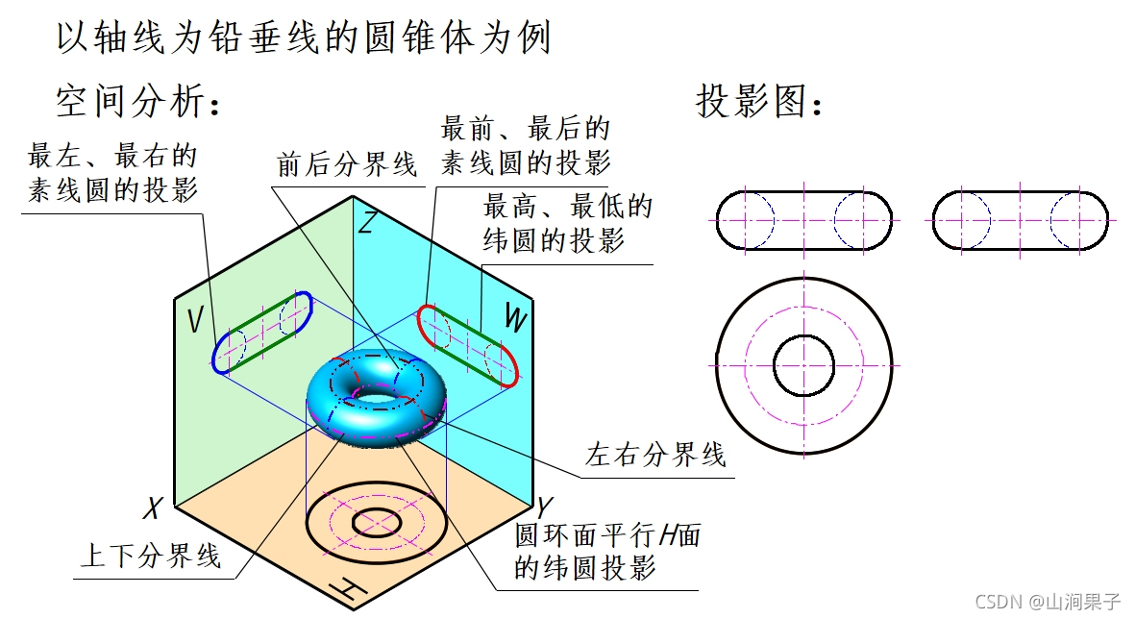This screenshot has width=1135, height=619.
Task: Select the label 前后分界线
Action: (x=347, y=164)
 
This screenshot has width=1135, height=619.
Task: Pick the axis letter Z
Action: (x=365, y=223)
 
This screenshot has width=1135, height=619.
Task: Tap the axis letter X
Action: (x=150, y=508)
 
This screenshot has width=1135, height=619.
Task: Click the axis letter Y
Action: (x=545, y=507)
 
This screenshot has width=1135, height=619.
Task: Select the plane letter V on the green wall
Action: (x=195, y=320)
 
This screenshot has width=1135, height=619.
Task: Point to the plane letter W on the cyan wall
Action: (x=515, y=320)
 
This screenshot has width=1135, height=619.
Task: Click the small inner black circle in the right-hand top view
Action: (x=803, y=365)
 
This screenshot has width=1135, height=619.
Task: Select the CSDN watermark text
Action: (x=1047, y=602)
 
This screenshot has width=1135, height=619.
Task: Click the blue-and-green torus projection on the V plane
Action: (x=263, y=332)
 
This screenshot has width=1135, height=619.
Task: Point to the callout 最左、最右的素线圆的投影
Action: (x=112, y=173)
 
